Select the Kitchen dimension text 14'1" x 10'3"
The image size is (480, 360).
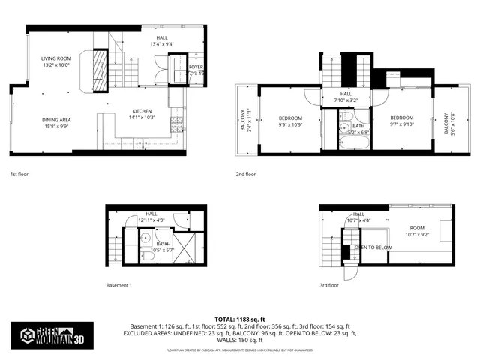point(142,117)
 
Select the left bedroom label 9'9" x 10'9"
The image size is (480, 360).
point(290,122)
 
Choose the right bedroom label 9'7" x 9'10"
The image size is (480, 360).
point(401,121)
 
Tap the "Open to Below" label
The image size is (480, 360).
point(373,247)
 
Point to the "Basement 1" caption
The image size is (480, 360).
point(118,285)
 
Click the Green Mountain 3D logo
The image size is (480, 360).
point(52,335)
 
